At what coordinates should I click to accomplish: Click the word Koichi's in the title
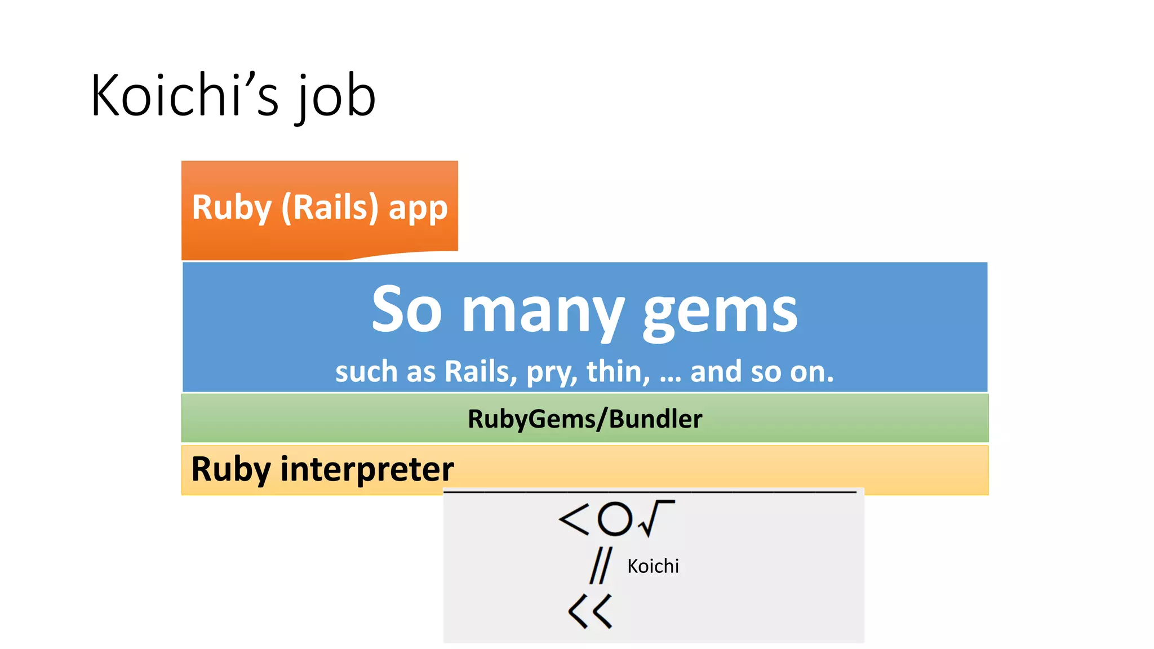[x=185, y=96]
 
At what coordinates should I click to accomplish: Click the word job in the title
[x=337, y=99]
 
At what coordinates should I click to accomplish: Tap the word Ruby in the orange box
[x=232, y=207]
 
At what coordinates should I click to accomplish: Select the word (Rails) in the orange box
[x=330, y=207]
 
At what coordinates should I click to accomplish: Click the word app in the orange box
[x=418, y=210]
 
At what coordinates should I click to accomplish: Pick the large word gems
[x=720, y=313]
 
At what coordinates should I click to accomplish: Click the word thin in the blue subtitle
[x=617, y=372]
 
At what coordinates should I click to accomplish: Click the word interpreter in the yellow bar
[x=367, y=469]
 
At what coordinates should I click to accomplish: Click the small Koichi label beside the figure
[x=653, y=566]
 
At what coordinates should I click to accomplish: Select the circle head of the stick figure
[x=614, y=519]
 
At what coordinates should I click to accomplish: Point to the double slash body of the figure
[x=600, y=566]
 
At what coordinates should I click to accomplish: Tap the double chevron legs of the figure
[x=590, y=611]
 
